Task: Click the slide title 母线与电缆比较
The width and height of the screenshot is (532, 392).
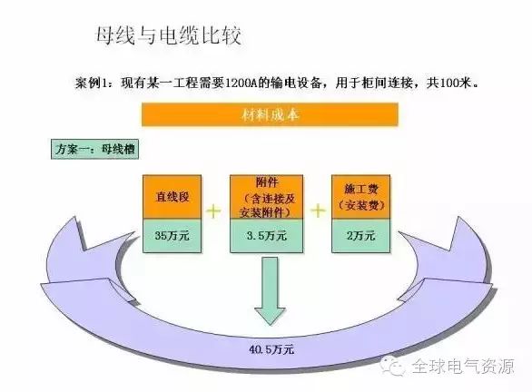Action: pos(169,35)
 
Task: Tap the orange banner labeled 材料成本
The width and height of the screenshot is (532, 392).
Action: pos(270,114)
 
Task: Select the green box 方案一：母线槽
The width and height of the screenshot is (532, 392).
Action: pos(94,149)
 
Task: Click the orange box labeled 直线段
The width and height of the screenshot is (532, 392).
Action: pos(172,197)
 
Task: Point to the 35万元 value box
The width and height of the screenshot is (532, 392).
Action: pos(172,236)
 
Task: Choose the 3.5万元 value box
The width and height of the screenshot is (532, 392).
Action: pos(267,236)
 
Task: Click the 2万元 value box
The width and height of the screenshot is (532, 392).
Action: pos(361,236)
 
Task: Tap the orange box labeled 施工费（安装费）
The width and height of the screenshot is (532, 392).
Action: pos(361,197)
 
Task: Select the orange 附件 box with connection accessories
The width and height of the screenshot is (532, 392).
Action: pos(267,197)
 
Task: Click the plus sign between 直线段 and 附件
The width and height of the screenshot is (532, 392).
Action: pos(213,211)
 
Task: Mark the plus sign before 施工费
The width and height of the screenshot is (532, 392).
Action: pos(318,211)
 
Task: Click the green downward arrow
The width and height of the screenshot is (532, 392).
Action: pos(270,291)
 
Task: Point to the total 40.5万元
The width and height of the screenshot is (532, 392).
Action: pos(271,349)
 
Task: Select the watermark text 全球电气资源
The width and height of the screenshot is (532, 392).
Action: pos(463,367)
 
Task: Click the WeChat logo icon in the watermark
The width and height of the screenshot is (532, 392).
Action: pos(392,366)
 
